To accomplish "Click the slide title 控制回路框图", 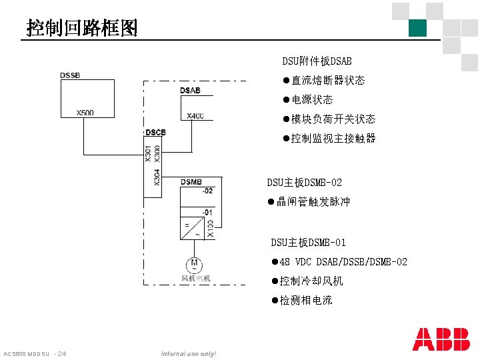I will tap(82, 27).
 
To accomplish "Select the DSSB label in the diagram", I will tap(70, 75).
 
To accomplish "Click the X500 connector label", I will tap(85, 113).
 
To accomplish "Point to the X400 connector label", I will tap(195, 115).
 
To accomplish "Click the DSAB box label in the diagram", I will tap(190, 91).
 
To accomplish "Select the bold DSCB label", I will tap(155, 133).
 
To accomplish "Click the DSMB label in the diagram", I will tap(191, 181).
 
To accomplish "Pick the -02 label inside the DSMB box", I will tap(208, 191).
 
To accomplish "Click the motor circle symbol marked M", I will tap(194, 264).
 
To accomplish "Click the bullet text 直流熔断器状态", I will tap(327, 81).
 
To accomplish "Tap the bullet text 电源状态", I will tap(312, 100).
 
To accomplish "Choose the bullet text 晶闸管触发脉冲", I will tap(313, 202).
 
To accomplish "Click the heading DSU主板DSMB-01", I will tap(308, 243).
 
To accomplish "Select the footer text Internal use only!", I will tap(189, 353).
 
